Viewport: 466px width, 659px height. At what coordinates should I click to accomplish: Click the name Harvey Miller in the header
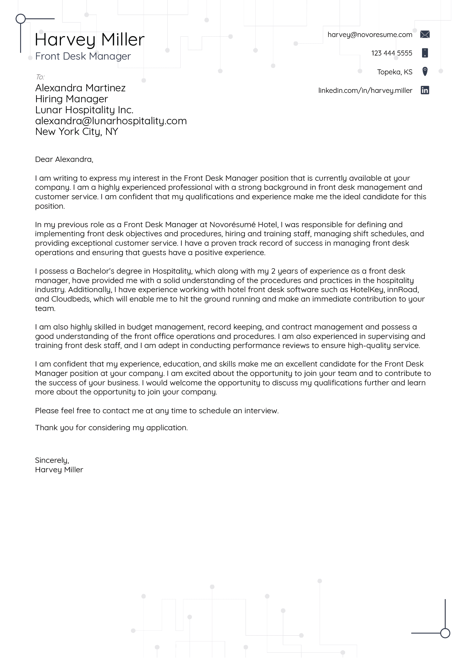89,40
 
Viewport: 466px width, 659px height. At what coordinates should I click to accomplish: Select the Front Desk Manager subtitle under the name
83,56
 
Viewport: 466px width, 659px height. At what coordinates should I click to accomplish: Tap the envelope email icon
425,35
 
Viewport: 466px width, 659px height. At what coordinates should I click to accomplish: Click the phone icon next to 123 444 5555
425,53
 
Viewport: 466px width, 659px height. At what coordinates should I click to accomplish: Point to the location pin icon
425,72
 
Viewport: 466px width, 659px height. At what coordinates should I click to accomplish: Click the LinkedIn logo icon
425,90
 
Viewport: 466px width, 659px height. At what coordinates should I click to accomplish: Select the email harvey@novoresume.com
370,35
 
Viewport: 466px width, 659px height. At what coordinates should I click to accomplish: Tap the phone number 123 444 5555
391,53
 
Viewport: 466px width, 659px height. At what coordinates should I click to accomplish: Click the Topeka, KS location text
394,72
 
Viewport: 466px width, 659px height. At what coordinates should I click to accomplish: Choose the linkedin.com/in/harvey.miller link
365,91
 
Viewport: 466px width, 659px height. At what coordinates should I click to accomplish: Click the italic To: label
40,77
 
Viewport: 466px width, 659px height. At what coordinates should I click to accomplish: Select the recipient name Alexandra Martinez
80,88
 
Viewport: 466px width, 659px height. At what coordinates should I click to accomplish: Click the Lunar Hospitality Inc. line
84,110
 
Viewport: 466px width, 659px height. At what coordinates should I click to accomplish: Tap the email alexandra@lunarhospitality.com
111,121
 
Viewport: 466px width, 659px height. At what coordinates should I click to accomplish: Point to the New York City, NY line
76,131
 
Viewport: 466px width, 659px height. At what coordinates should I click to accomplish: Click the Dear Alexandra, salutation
64,159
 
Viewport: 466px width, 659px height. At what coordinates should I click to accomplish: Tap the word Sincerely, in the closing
52,460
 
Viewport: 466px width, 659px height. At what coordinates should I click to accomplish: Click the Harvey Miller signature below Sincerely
59,470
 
